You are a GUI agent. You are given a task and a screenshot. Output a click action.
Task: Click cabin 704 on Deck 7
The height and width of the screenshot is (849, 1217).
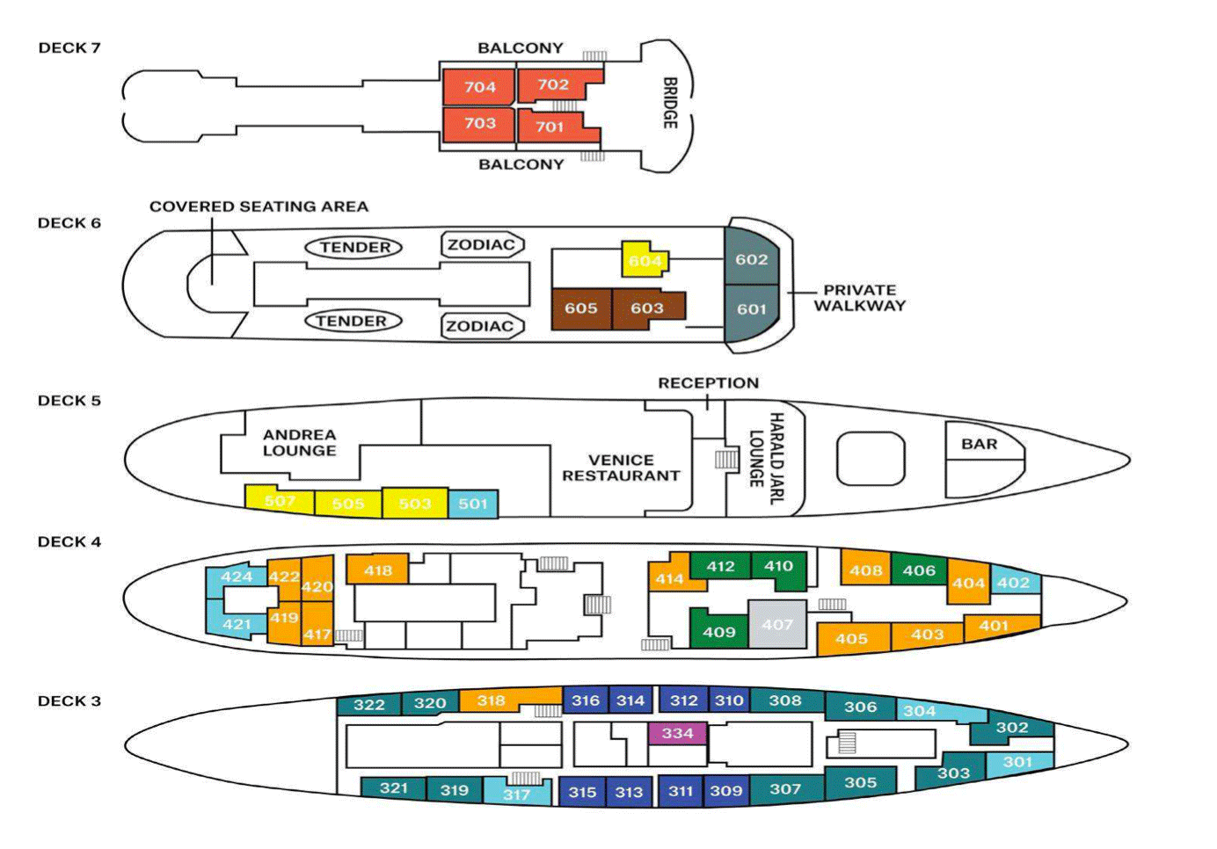pyautogui.click(x=480, y=87)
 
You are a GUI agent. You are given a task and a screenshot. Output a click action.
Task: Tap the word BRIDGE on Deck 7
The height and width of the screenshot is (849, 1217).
pyautogui.click(x=670, y=103)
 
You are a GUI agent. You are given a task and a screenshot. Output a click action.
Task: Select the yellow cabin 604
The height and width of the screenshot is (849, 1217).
pyautogui.click(x=645, y=260)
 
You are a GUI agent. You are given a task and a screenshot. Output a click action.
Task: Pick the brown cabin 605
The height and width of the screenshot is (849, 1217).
pyautogui.click(x=581, y=308)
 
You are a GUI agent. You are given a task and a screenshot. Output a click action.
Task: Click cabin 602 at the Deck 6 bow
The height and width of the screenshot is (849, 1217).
pyautogui.click(x=752, y=259)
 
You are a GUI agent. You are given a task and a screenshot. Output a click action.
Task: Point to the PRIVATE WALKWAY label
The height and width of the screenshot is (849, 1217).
pyautogui.click(x=859, y=298)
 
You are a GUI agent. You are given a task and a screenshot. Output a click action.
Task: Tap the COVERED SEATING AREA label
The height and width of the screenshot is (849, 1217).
pyautogui.click(x=259, y=207)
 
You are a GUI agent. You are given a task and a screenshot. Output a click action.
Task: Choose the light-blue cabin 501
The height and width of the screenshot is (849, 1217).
pyautogui.click(x=473, y=504)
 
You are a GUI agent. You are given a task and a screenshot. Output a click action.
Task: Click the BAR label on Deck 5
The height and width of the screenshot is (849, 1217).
pyautogui.click(x=979, y=445)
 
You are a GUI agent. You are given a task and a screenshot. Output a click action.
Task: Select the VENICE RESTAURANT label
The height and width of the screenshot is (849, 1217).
pyautogui.click(x=621, y=468)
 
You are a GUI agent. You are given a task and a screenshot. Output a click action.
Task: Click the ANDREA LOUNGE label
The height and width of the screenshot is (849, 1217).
pyautogui.click(x=299, y=442)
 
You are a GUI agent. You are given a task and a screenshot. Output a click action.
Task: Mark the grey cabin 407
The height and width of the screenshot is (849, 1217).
pyautogui.click(x=777, y=624)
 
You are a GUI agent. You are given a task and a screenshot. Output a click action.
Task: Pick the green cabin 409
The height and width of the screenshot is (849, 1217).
pyautogui.click(x=719, y=631)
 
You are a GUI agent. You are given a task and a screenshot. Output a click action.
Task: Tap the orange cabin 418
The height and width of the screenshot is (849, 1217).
pyautogui.click(x=378, y=570)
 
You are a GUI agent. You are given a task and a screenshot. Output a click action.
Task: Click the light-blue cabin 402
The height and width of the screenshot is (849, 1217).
pyautogui.click(x=1014, y=583)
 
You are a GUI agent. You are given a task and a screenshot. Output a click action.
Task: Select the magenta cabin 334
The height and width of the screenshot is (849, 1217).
pyautogui.click(x=677, y=733)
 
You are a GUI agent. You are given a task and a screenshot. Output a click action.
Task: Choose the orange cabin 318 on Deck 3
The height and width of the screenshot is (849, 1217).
pyautogui.click(x=491, y=700)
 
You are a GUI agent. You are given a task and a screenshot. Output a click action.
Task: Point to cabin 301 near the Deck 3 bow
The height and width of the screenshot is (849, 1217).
pyautogui.click(x=1018, y=762)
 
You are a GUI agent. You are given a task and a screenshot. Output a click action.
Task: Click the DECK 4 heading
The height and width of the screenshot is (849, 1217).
pyautogui.click(x=69, y=542)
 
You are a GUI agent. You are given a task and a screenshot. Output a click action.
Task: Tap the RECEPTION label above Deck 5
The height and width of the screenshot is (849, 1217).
pyautogui.click(x=708, y=383)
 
